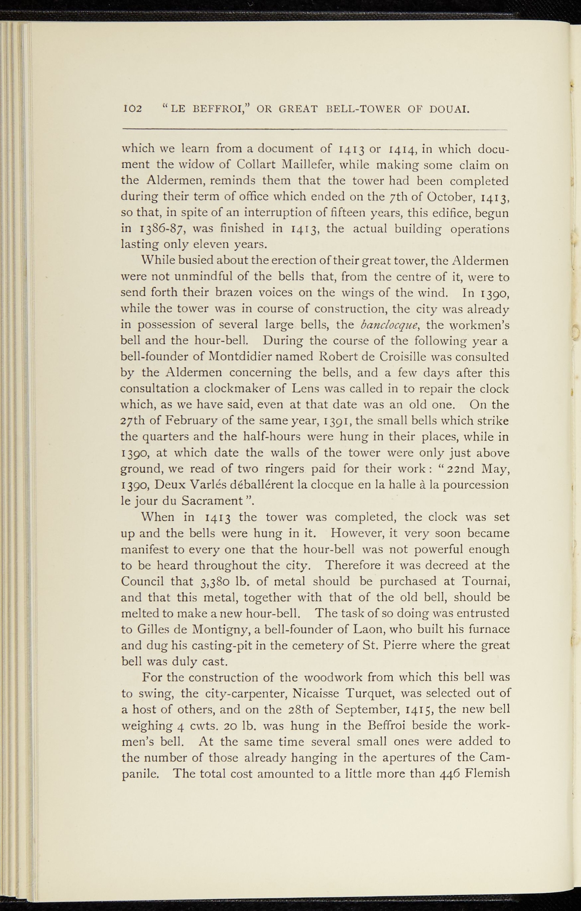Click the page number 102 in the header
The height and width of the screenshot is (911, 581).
[x=132, y=109]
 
